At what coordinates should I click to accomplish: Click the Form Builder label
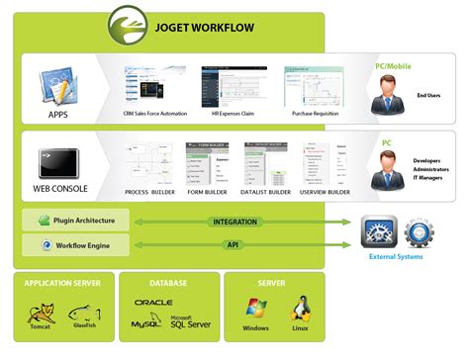click(208, 192)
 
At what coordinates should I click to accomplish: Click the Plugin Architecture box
click(75, 221)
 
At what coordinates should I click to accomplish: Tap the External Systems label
click(396, 258)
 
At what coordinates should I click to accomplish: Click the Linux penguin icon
click(301, 309)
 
